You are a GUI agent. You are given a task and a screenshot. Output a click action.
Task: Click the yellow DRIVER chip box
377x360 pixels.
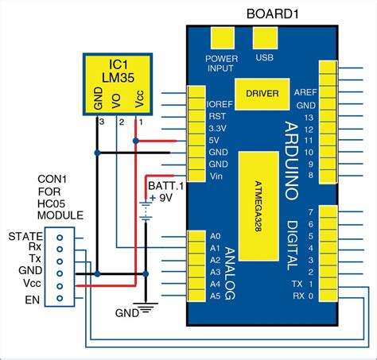point(262,94)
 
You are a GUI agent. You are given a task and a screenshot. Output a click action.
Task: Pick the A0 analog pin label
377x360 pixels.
point(214,236)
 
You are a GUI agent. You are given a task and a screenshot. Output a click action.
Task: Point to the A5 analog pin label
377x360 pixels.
point(214,296)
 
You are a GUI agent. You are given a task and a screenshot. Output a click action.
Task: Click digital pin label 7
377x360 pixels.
point(311,211)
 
